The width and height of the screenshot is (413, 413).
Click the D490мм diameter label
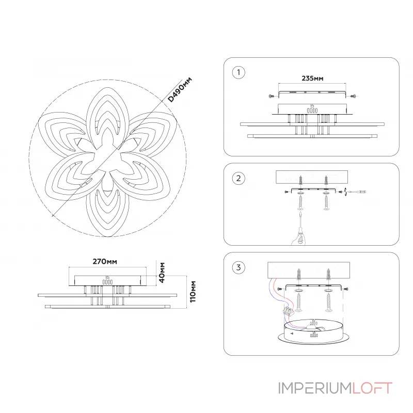[x=180, y=89]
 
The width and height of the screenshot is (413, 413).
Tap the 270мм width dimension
[x=105, y=262]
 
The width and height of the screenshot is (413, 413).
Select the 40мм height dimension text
[x=162, y=273]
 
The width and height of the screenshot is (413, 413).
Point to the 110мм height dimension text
[x=193, y=292]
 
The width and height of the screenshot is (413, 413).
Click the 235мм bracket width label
[x=312, y=78]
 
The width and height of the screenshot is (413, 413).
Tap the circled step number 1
[x=239, y=72]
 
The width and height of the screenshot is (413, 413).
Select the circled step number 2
[x=239, y=178]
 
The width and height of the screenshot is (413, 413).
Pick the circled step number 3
[x=239, y=267]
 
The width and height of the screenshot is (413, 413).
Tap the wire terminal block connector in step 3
[x=288, y=311]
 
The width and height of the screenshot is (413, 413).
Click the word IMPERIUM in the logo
[x=315, y=388]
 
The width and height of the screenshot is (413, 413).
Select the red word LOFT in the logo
[x=372, y=388]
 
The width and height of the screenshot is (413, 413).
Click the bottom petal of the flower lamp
[x=107, y=211]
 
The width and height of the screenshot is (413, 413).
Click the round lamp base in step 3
[x=314, y=332]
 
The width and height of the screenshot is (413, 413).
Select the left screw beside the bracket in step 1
[x=272, y=96]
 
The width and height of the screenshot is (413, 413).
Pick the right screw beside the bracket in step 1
[x=354, y=96]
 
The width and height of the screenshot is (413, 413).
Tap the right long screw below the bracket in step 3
[x=328, y=303]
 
